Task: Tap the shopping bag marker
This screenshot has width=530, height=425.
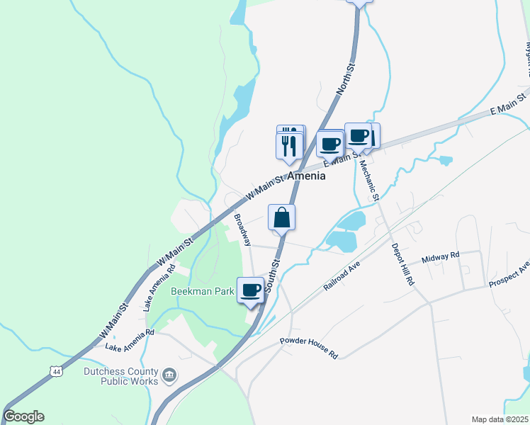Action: point(282,217)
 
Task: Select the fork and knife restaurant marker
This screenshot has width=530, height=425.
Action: point(289,145)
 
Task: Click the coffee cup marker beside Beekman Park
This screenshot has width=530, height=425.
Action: point(250,290)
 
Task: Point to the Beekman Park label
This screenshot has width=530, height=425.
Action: point(202,290)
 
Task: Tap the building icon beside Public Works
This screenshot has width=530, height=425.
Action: point(169,374)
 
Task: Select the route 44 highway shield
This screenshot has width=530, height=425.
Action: point(56,370)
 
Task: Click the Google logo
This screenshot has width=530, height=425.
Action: point(23,416)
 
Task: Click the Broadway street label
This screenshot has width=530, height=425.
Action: point(242,229)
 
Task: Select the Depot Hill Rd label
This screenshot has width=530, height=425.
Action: point(403,265)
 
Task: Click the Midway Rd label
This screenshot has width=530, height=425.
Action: point(441,256)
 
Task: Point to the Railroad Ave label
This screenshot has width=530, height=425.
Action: point(342,276)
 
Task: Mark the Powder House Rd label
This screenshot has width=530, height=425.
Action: point(309,347)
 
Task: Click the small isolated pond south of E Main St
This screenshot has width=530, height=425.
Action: point(445,160)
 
